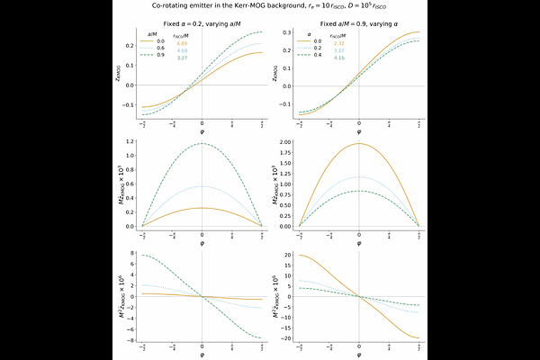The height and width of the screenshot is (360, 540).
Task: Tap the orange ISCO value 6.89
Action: [182, 43]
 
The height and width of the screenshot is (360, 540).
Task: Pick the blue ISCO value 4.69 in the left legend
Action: [182, 50]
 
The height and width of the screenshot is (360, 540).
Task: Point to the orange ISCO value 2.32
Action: [339, 43]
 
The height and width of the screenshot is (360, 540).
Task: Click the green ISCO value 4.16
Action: [339, 58]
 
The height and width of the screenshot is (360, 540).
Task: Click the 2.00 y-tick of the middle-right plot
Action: [283, 142]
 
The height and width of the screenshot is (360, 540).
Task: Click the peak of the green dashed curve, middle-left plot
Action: [202, 143]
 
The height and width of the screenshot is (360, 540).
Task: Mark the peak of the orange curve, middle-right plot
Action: [359, 143]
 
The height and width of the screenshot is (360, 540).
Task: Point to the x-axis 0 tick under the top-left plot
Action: [202, 122]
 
